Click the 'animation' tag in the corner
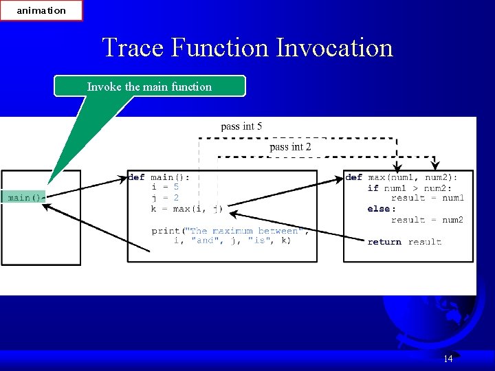(x=41, y=10)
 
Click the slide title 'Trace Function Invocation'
(x=247, y=48)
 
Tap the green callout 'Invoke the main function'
(x=149, y=87)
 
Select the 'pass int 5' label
(x=241, y=126)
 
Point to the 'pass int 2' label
(x=290, y=146)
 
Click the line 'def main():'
(x=159, y=177)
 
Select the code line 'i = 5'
(x=165, y=187)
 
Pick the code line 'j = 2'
(x=165, y=198)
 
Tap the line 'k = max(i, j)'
(x=186, y=208)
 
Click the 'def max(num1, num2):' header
(x=401, y=177)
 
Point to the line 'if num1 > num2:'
(x=409, y=188)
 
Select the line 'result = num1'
(x=427, y=198)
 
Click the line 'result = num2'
(x=427, y=220)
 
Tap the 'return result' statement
(x=404, y=242)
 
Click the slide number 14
(x=448, y=359)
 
